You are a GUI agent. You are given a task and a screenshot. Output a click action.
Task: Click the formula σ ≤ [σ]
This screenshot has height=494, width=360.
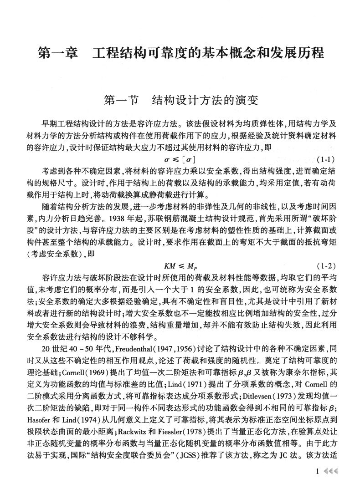pos(180,160)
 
